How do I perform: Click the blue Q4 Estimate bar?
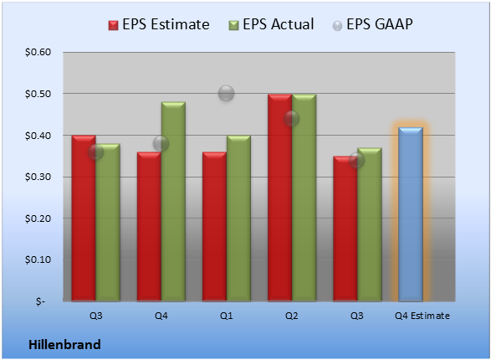pyautogui.click(x=411, y=214)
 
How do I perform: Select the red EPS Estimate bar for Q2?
pyautogui.click(x=279, y=198)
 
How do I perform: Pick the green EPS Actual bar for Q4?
pyautogui.click(x=173, y=202)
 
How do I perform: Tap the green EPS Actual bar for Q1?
pyautogui.click(x=238, y=219)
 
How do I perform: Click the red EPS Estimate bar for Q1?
pyautogui.click(x=214, y=227)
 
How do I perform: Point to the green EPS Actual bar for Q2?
pyautogui.click(x=304, y=198)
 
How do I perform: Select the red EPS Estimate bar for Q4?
pyautogui.click(x=149, y=227)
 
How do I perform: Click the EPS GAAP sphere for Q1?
pyautogui.click(x=226, y=94)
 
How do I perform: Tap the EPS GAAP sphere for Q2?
pyautogui.click(x=292, y=118)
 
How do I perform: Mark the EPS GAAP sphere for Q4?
pyautogui.click(x=161, y=143)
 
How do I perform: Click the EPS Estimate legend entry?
pyautogui.click(x=159, y=24)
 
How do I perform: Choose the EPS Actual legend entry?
pyautogui.click(x=271, y=24)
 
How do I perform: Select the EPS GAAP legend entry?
pyautogui.click(x=372, y=24)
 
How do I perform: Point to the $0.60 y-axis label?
pyautogui.click(x=38, y=52)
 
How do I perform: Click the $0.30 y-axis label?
pyautogui.click(x=38, y=177)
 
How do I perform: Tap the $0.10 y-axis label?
pyautogui.click(x=38, y=260)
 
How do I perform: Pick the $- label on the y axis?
pyautogui.click(x=40, y=301)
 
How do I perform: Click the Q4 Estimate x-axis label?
pyautogui.click(x=422, y=316)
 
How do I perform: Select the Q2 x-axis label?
pyautogui.click(x=292, y=316)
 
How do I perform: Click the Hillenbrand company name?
pyautogui.click(x=64, y=345)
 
